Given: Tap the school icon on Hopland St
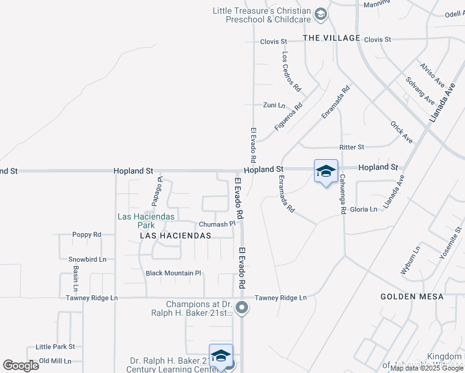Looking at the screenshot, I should (x=326, y=172).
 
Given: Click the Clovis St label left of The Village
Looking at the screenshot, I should (x=274, y=42).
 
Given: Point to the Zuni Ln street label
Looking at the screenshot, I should (x=274, y=104).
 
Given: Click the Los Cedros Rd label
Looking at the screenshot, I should (x=291, y=71).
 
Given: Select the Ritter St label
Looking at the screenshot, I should (x=351, y=147).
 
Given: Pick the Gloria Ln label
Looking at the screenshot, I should (x=364, y=210).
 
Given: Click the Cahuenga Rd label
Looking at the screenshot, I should (x=342, y=194).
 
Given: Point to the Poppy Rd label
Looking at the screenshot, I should (x=87, y=235).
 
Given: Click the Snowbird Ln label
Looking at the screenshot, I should (x=87, y=259).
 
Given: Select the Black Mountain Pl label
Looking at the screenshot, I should (x=173, y=273).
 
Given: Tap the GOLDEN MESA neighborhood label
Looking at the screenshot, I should (x=412, y=297).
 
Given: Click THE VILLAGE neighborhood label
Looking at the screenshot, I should (x=331, y=38).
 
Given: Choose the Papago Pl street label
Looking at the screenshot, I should (x=157, y=191).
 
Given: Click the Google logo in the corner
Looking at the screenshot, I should (x=21, y=366).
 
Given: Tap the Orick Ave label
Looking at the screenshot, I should (x=401, y=131).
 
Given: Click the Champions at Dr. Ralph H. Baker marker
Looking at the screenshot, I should (x=243, y=308).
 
